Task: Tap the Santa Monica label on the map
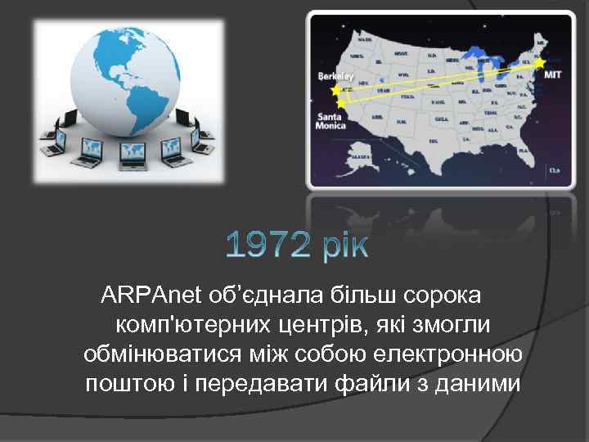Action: coord(330,121)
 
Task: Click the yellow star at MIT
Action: coord(539,61)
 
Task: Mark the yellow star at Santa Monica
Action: coord(340,104)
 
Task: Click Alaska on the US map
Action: coord(359,155)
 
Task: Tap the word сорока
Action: coord(441,294)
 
